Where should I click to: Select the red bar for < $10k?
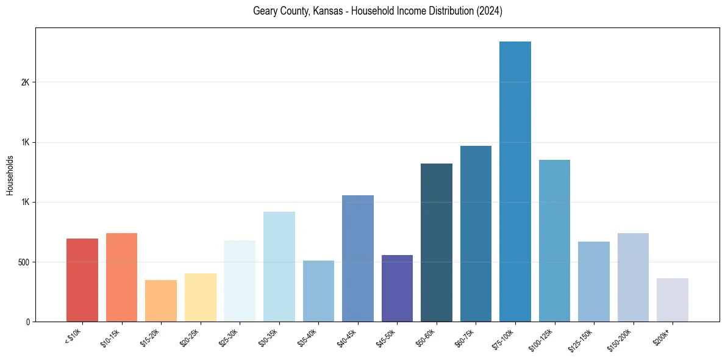click(x=82, y=280)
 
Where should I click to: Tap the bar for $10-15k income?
click(x=121, y=277)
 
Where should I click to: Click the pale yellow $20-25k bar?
click(x=201, y=297)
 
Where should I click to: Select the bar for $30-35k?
click(x=279, y=267)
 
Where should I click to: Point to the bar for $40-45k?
click(x=358, y=258)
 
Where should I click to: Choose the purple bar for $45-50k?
click(x=397, y=288)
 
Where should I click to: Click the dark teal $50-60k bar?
click(x=437, y=242)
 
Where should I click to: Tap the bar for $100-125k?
click(x=554, y=240)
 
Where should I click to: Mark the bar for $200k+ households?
click(x=673, y=300)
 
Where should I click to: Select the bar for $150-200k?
click(x=633, y=277)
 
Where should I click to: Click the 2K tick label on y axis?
click(x=25, y=82)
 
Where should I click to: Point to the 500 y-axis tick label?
click(x=23, y=262)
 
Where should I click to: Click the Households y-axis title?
click(x=10, y=175)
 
